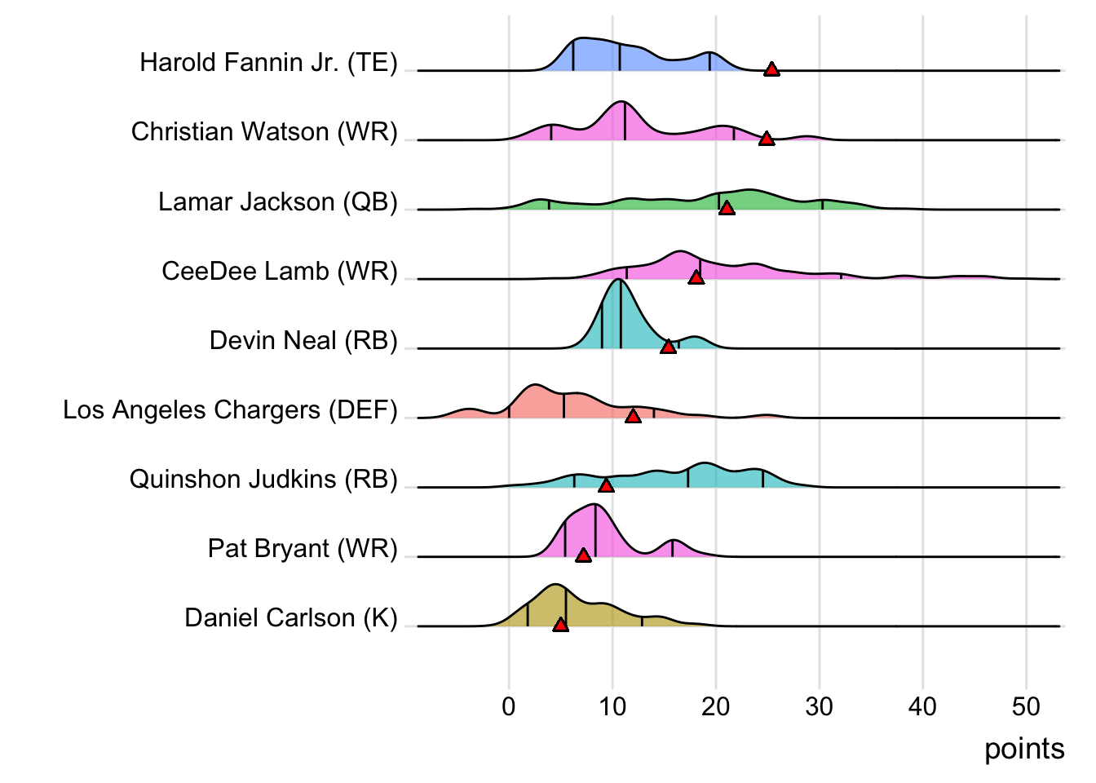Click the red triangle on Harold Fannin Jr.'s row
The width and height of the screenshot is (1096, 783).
(771, 69)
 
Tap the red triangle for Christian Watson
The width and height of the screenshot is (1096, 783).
(767, 139)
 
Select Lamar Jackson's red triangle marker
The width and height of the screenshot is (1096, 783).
(727, 208)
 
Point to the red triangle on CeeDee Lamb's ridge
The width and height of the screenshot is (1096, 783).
(696, 277)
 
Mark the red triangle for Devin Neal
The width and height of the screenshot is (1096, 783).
(668, 347)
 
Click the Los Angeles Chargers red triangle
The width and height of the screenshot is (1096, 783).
(633, 416)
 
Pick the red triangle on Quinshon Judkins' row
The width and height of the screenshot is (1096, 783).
(606, 485)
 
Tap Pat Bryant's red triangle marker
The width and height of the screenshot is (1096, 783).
(583, 555)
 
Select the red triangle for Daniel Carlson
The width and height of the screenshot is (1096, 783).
(560, 624)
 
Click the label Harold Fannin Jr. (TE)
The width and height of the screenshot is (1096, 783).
(268, 63)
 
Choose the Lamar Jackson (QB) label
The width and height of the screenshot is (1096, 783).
(277, 201)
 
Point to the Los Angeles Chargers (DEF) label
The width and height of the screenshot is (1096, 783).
(230, 409)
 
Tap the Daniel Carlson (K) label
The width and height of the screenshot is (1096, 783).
(290, 617)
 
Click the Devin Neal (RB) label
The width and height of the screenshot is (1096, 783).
(303, 340)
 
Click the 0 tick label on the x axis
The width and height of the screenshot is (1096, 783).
(509, 706)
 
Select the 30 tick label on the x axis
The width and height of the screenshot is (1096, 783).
(820, 706)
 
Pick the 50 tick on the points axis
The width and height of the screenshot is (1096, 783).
(1026, 706)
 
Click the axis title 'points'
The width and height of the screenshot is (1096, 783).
(1024, 749)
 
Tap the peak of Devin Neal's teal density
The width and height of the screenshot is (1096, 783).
(619, 281)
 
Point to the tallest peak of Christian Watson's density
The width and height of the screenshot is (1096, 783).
(622, 103)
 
